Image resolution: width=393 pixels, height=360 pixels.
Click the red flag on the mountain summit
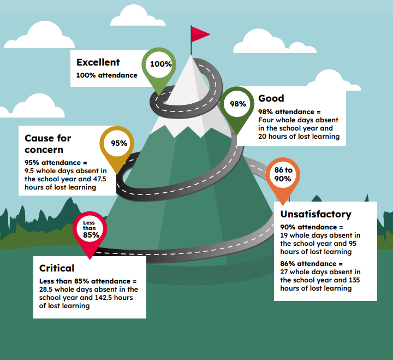pyautogui.click(x=200, y=34)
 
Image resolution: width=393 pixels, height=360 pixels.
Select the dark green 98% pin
pyautogui.click(x=237, y=104)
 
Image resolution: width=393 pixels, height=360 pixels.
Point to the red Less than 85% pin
pyautogui.click(x=90, y=229)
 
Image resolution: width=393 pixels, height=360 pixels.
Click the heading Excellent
pyautogui.click(x=98, y=62)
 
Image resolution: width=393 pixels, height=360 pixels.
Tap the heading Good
pyautogui.click(x=271, y=98)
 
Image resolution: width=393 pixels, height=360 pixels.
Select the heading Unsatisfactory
pyautogui.click(x=315, y=214)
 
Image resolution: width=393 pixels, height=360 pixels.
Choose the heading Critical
pyautogui.click(x=57, y=268)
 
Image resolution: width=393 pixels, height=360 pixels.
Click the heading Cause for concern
pyautogui.click(x=48, y=144)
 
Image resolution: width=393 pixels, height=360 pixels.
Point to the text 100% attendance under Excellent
pyautogui.click(x=106, y=75)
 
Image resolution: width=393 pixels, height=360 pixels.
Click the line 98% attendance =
pyautogui.click(x=289, y=112)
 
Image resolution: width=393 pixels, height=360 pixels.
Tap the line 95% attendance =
pyautogui.click(x=56, y=163)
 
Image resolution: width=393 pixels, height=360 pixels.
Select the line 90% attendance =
pyautogui.click(x=312, y=227)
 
